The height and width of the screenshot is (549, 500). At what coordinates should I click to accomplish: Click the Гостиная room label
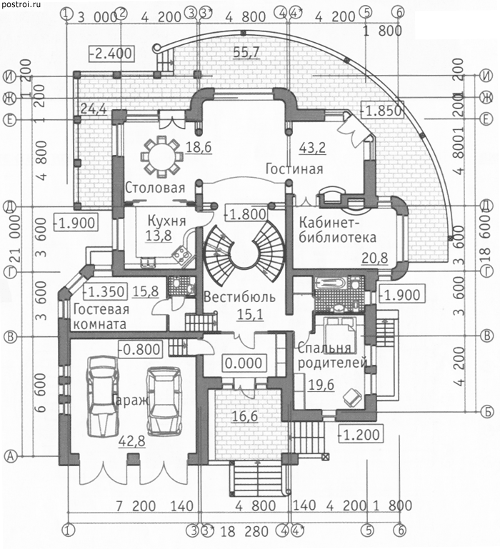(x=294, y=169)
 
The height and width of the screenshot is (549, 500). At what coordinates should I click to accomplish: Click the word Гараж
(x=129, y=400)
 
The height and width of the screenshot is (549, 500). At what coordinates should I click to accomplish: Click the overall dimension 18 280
(x=236, y=532)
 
